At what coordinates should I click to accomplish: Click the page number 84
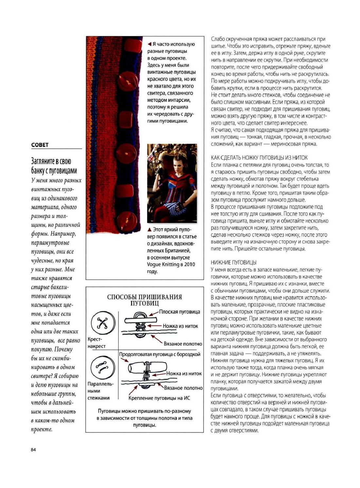tap(33, 450)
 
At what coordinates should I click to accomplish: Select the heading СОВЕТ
tap(40, 145)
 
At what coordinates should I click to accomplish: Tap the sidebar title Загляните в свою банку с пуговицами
tap(54, 166)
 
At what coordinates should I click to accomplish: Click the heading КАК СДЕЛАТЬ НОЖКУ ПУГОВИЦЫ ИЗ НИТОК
tap(259, 158)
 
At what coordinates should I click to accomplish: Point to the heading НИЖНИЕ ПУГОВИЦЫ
tap(234, 262)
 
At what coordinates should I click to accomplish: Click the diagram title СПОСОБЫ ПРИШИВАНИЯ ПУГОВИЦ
tap(144, 300)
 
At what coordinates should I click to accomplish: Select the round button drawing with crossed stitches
tap(103, 323)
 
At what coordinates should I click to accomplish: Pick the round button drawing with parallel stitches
tap(103, 368)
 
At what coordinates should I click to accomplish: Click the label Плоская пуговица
tap(179, 312)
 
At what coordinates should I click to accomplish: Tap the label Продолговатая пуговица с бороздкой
tap(159, 354)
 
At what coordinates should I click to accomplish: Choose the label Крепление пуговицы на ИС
tap(159, 398)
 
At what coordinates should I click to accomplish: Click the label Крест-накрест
tap(96, 343)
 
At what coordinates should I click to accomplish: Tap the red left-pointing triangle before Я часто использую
tap(149, 44)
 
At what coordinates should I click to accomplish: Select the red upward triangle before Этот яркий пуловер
tap(149, 230)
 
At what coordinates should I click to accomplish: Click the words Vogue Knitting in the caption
tap(162, 264)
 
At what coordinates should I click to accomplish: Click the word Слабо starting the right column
tap(218, 39)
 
